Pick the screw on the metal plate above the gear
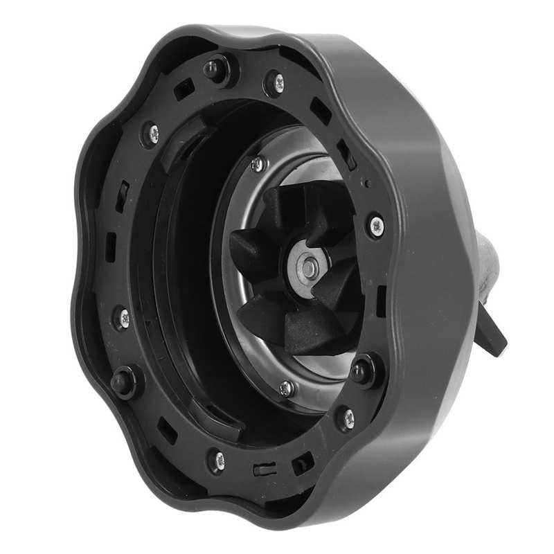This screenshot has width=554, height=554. click(258, 164)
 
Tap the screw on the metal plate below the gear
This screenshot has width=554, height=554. click(286, 388)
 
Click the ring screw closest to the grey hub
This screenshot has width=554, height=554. click(375, 224)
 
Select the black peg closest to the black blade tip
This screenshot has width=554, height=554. click(361, 371)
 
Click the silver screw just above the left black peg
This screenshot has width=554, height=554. click(122, 319)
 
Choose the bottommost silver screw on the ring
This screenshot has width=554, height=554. click(217, 460)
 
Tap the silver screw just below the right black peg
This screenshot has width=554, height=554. click(346, 418)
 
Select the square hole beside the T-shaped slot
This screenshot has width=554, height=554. click(302, 463)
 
